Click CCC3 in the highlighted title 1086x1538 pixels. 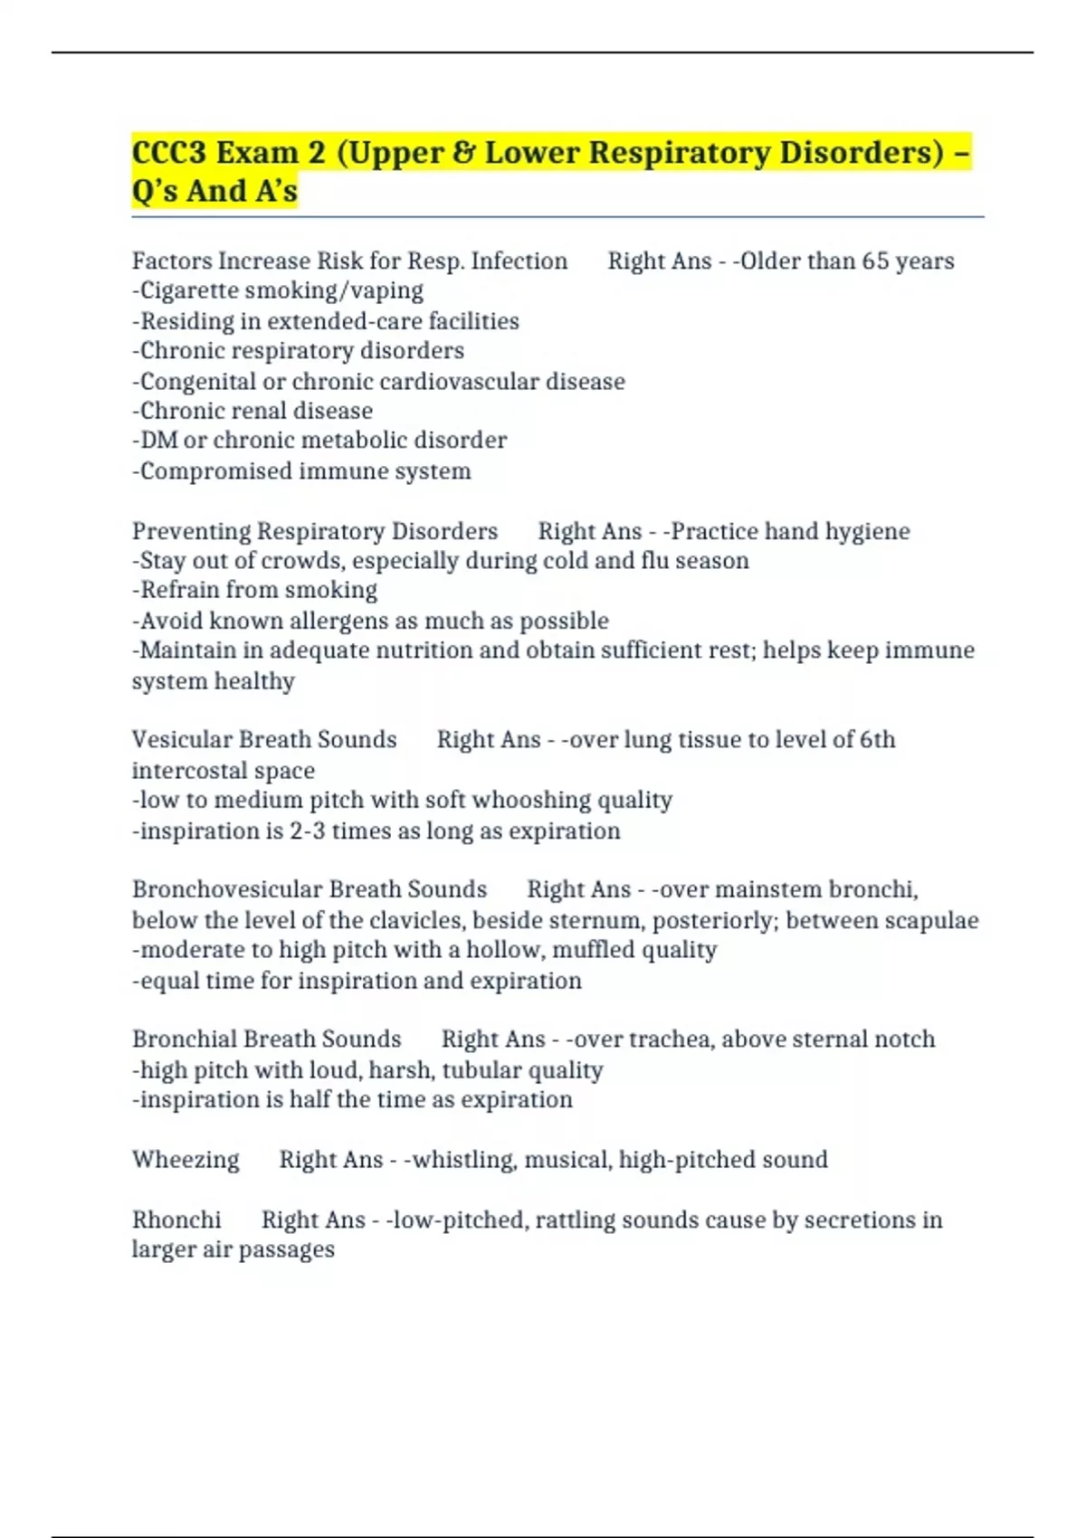tap(168, 152)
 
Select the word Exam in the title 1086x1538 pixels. tap(257, 152)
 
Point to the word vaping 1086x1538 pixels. tap(389, 290)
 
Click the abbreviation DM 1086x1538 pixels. tap(158, 440)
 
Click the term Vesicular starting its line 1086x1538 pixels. tap(180, 739)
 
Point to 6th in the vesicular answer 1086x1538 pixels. tap(877, 739)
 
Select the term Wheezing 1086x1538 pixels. tap(186, 1159)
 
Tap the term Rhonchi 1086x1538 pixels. tap(176, 1220)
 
